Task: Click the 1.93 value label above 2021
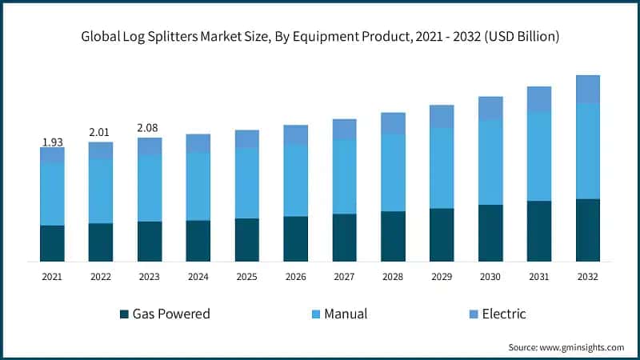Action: (52, 142)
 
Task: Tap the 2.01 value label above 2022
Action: (101, 131)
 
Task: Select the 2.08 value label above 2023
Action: (150, 127)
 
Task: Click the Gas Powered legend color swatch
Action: (124, 314)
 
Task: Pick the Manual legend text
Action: (346, 314)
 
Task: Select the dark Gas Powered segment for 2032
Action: (588, 230)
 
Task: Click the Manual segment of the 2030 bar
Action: (490, 162)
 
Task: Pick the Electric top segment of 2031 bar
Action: (539, 99)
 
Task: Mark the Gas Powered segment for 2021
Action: (52, 243)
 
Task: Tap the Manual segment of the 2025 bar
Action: (246, 183)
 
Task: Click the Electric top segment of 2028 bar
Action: (393, 123)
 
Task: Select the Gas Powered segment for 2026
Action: (295, 238)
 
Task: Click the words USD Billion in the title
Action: (525, 37)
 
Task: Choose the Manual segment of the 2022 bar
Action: (101, 191)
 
